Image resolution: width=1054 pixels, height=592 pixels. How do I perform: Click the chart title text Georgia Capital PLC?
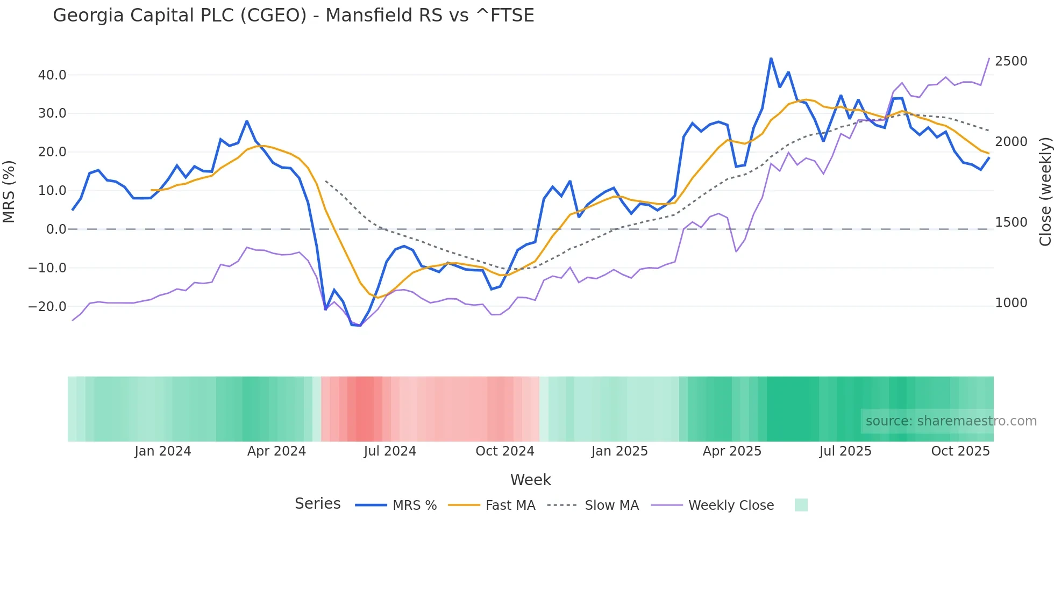(293, 16)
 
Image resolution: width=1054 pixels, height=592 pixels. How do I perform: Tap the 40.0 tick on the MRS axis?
(52, 75)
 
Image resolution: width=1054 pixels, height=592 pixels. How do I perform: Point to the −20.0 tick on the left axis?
(47, 307)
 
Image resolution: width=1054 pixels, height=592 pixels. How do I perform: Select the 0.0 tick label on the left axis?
(56, 229)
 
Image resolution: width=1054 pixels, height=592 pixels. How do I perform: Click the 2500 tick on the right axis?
(1011, 61)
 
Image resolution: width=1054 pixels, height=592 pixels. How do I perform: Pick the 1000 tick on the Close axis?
(1011, 303)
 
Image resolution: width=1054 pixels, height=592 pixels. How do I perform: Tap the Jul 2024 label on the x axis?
(390, 451)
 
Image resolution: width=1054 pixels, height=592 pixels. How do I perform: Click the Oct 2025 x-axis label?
(960, 451)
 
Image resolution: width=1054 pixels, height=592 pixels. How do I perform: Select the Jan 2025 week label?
(619, 451)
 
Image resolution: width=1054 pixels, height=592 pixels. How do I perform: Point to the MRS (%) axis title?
(9, 191)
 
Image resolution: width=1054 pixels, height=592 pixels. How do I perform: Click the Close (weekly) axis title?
(1045, 191)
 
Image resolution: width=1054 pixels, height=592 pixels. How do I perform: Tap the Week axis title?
(530, 480)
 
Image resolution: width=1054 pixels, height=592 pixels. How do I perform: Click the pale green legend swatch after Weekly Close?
(801, 506)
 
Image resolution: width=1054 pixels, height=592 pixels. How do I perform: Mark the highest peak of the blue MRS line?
(771, 58)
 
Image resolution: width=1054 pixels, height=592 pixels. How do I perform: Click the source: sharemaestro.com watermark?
(951, 421)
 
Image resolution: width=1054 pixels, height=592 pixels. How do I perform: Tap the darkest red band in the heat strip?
(365, 409)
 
